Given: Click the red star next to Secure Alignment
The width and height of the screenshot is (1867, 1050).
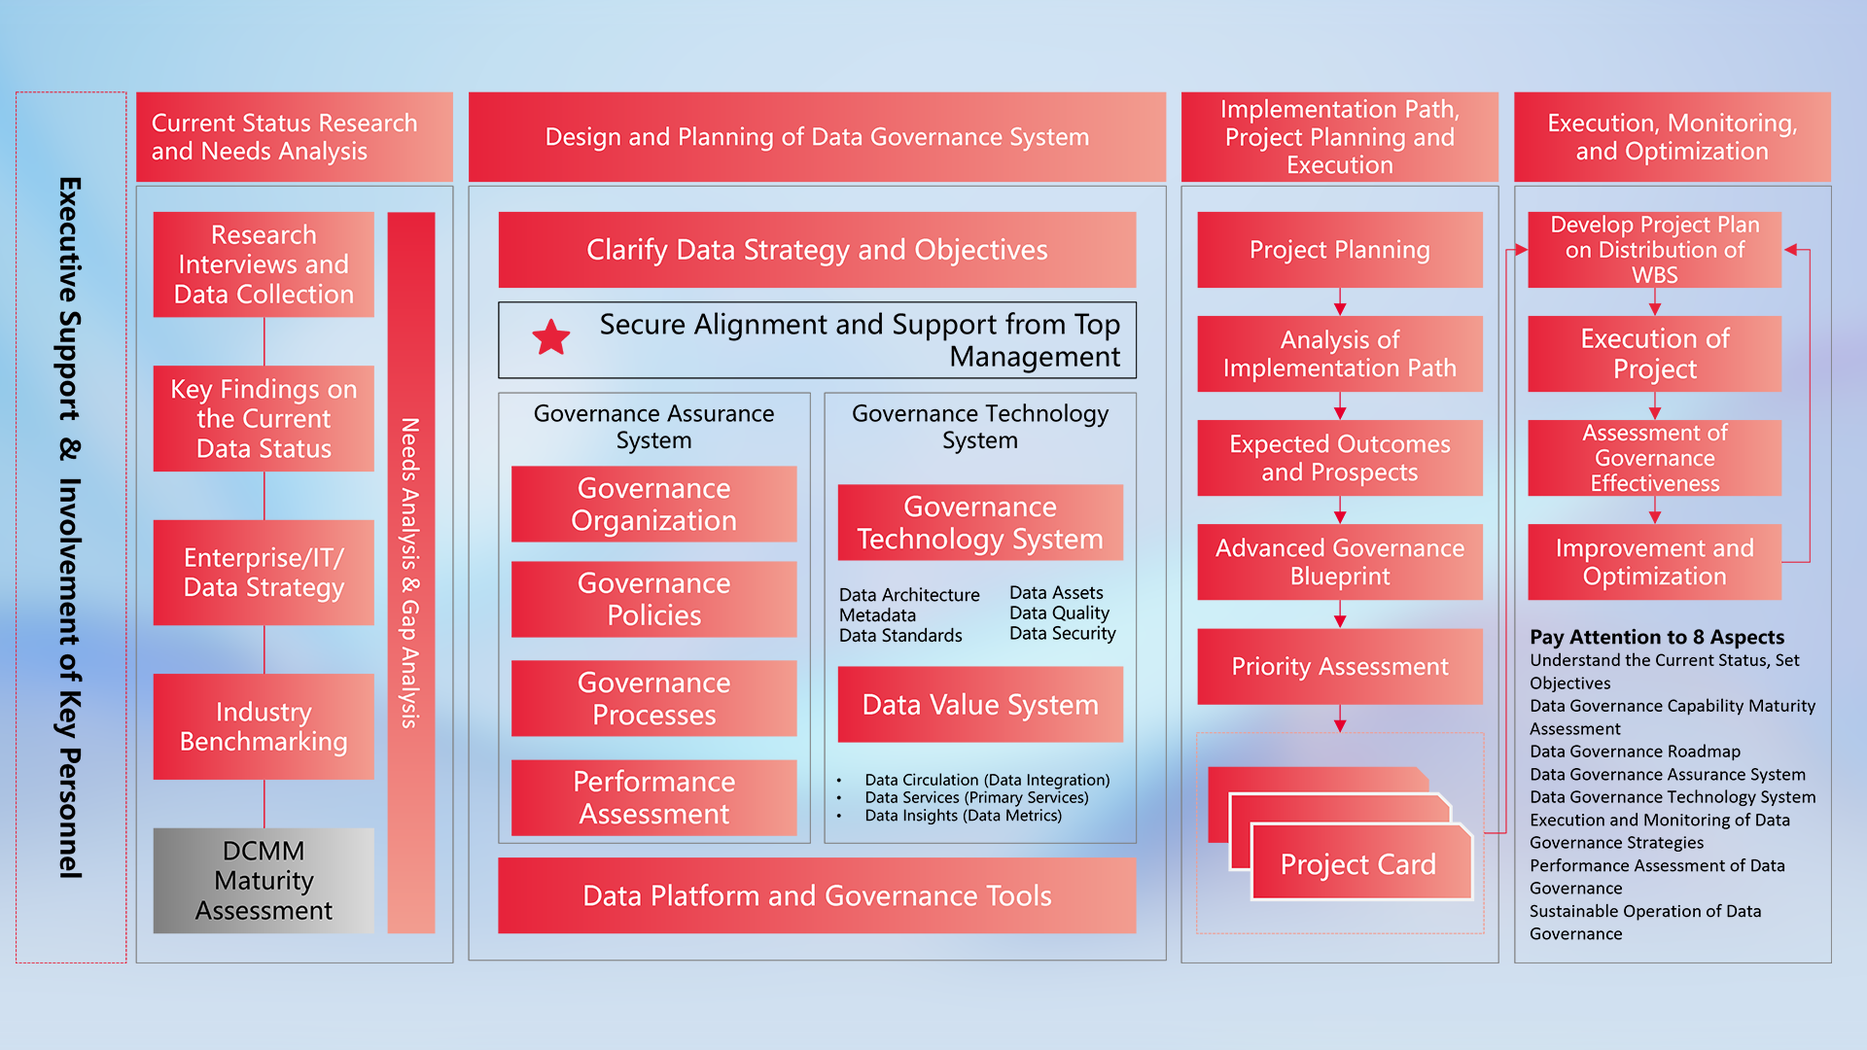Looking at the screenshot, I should (551, 337).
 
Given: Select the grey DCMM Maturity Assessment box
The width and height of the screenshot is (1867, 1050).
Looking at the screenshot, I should (264, 881).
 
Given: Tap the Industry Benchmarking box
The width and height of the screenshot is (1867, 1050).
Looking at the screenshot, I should (264, 726).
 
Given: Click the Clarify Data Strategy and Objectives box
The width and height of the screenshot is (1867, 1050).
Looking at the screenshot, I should (817, 250).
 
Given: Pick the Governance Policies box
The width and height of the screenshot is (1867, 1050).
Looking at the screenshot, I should (653, 599).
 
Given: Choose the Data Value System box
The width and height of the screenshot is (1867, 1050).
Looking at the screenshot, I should (980, 705).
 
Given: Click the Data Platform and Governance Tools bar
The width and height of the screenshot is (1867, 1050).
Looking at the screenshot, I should (817, 895).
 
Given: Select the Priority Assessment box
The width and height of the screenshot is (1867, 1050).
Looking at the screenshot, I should (1340, 667).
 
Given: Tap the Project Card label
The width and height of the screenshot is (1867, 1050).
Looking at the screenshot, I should (1358, 864).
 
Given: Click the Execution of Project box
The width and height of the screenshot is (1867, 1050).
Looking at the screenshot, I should (1654, 354).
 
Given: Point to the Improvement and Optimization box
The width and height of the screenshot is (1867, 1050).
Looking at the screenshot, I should (1654, 562).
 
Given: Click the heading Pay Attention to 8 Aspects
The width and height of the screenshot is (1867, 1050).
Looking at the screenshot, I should (1657, 637).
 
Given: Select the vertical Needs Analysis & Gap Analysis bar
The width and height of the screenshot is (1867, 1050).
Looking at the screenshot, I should (411, 573).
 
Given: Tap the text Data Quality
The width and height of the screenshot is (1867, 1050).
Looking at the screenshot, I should (1059, 613).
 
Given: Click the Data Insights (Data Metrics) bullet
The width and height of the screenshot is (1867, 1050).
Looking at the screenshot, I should (963, 816).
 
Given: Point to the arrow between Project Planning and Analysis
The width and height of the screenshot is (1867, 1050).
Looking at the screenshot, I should (1340, 301).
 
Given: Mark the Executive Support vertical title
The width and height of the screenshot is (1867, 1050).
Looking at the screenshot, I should (70, 527).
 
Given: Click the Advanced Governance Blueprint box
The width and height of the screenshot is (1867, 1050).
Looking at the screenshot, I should (1340, 562).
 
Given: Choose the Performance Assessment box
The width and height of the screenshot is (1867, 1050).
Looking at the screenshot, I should (653, 798).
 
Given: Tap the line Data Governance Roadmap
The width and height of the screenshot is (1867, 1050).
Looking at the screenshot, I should (1635, 752).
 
